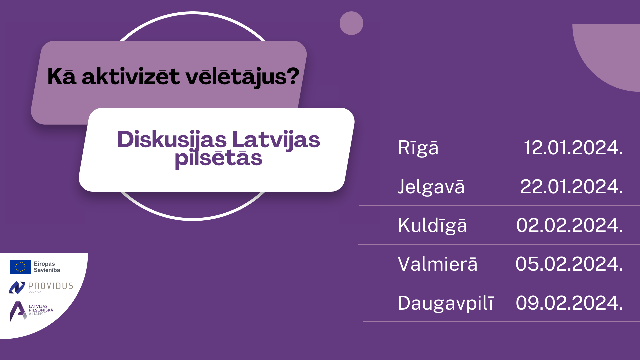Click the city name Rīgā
[x=418, y=148]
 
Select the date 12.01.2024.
[x=573, y=147]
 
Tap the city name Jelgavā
[x=431, y=186]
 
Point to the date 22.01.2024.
[x=571, y=186]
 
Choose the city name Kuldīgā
[x=432, y=225]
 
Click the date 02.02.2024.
[x=569, y=225]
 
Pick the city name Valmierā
[x=438, y=264]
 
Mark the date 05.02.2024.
[x=569, y=264]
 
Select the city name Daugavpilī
[x=446, y=303]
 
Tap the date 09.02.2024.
[x=569, y=303]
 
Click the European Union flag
[x=20, y=267]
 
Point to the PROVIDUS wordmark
[x=51, y=286]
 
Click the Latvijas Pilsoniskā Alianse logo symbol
[x=18, y=312]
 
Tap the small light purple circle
[x=351, y=23]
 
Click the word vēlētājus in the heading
[x=243, y=77]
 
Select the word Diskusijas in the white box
[x=172, y=140]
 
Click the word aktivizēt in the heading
[x=131, y=76]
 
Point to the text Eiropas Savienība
[x=47, y=267]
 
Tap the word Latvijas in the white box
[x=276, y=140]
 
